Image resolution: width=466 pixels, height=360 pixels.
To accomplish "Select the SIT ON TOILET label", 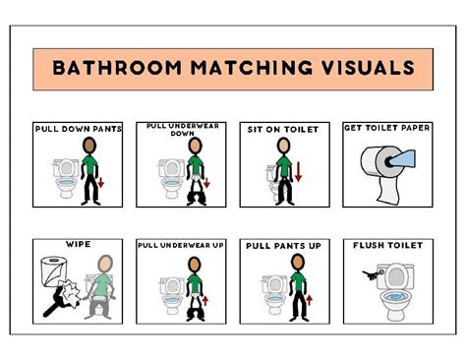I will click(282, 129).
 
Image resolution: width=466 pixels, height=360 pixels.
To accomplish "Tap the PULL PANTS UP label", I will click(282, 245).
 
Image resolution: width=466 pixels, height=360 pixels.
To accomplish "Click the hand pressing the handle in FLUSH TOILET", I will click(367, 278).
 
